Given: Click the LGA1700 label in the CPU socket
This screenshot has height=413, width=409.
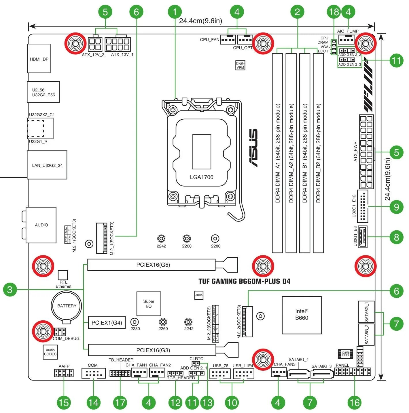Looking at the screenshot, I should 201,177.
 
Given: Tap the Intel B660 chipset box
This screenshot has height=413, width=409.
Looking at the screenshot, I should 302,315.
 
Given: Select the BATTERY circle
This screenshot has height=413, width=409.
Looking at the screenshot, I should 67,306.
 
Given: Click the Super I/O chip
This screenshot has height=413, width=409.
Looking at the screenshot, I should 149,304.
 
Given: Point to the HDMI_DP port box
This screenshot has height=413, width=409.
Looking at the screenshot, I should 39,59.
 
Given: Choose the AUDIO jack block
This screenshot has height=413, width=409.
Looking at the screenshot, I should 41,225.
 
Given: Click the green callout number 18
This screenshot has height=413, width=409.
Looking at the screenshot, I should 334,12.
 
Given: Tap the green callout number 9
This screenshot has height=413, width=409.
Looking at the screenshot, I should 396,207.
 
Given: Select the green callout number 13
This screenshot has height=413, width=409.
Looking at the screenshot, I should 207,402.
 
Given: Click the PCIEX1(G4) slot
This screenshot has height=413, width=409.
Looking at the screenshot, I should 107,323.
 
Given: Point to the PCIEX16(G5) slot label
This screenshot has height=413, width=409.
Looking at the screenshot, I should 153,265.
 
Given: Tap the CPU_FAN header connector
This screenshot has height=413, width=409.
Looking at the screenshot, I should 228,39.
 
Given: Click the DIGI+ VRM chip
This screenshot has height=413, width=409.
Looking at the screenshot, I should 240,65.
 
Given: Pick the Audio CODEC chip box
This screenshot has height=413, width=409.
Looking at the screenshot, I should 50,352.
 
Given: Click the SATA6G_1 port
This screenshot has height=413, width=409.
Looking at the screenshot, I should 366,312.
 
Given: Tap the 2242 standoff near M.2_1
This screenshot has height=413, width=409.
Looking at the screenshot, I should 161,238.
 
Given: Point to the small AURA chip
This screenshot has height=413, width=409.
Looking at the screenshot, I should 199,295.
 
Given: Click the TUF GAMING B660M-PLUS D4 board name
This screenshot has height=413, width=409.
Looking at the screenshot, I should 244,281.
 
